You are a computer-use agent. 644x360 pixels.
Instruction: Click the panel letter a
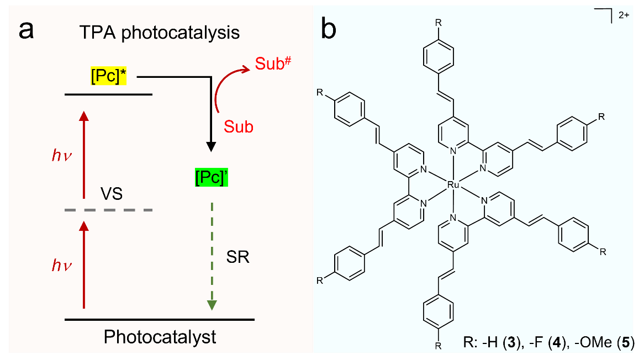(27, 30)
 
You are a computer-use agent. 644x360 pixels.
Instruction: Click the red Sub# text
(272, 65)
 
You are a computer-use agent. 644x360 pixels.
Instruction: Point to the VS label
(111, 195)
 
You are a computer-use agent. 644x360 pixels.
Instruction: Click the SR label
(238, 257)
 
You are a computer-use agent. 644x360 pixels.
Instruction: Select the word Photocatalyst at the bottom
(160, 336)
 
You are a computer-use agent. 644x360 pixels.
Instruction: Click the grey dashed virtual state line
(108, 210)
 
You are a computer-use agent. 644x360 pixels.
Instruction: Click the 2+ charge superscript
(624, 15)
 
